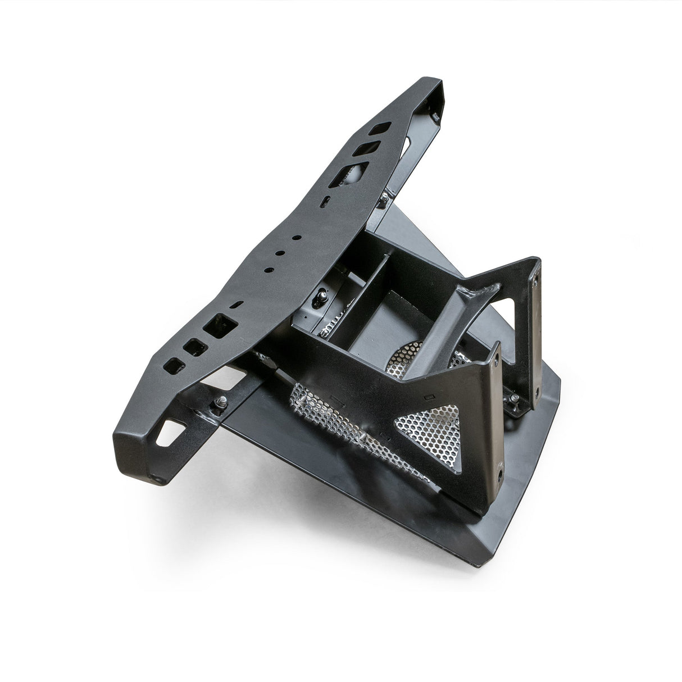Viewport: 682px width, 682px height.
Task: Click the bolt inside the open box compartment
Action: point(324,295)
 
